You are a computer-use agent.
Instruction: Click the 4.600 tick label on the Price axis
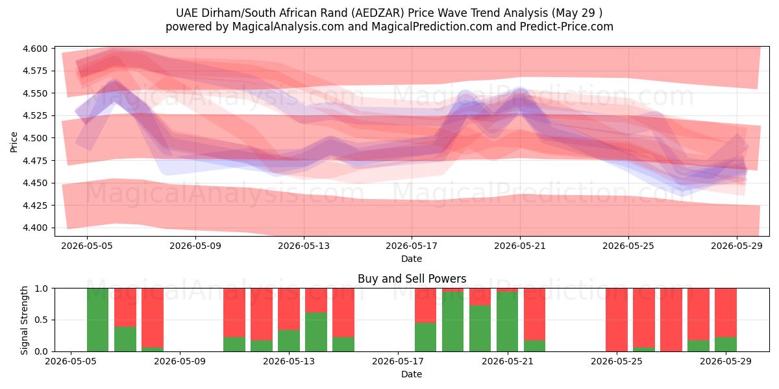point(35,49)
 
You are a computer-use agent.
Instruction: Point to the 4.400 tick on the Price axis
point(35,228)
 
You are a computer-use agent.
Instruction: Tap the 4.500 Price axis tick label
point(35,138)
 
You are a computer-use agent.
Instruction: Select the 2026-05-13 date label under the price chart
point(304,246)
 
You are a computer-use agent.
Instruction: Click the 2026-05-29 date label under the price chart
point(737,246)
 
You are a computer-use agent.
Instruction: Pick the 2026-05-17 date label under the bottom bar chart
point(398,361)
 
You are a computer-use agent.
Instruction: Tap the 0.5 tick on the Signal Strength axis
point(41,320)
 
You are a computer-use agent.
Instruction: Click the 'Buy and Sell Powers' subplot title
point(412,279)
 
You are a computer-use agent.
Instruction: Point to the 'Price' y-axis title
point(14,142)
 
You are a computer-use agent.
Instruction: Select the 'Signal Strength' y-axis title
point(24,320)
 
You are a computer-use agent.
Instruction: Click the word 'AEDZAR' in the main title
point(378,13)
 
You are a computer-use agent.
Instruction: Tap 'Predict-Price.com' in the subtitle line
point(567,27)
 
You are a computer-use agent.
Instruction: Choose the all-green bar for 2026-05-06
point(98,320)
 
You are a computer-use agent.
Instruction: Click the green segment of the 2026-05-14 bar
point(316,332)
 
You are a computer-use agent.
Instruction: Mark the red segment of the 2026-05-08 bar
point(153,318)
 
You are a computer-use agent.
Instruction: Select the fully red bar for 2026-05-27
point(671,320)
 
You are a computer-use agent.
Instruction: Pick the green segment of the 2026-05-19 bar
point(453,322)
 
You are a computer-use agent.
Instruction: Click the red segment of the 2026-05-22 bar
point(534,314)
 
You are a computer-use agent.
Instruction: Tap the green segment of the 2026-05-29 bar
point(726,344)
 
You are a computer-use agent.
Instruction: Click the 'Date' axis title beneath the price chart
point(412,259)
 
